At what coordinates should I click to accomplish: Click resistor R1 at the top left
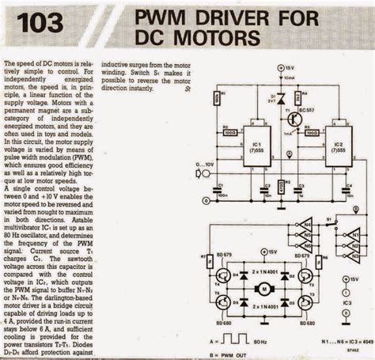click(x=218, y=98)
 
